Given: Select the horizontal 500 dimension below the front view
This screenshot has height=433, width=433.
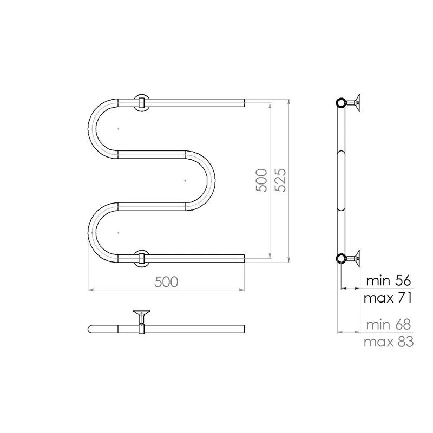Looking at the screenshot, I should [x=167, y=281].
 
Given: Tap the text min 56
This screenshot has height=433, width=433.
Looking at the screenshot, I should [x=389, y=280].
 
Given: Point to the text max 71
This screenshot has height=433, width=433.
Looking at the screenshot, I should [x=388, y=298].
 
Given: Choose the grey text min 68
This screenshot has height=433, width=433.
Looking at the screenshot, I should [x=388, y=324].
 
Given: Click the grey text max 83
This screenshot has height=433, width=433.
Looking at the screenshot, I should [x=388, y=342].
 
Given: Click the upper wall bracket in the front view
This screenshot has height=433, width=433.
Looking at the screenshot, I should [x=141, y=102].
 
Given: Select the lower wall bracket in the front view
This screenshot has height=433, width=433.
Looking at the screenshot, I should [x=141, y=258].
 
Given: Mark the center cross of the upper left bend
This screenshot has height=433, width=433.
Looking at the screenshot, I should [x=117, y=128].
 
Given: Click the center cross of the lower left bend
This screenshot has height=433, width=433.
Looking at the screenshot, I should [x=117, y=232].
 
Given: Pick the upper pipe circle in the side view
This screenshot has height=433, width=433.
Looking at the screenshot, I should [x=341, y=102].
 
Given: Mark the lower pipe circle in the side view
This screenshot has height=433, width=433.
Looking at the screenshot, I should [x=341, y=258].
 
